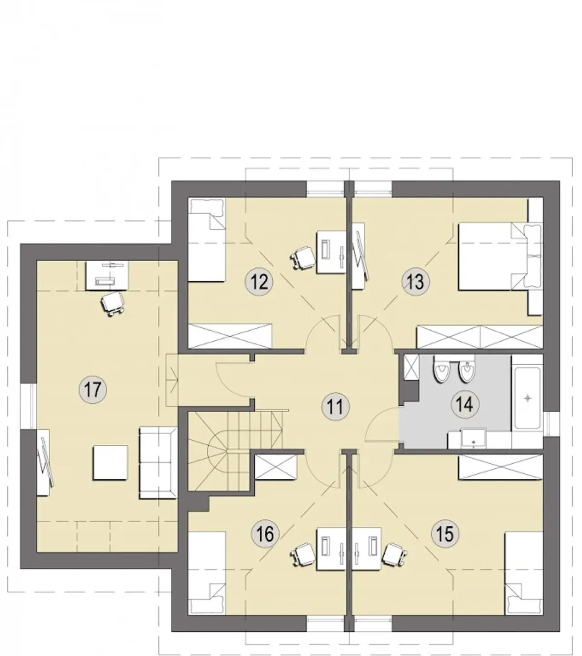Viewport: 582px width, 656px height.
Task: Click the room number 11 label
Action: click(335, 407)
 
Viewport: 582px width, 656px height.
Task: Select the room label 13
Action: click(415, 281)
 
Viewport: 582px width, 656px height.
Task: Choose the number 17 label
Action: click(93, 389)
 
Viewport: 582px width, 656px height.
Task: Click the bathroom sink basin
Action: click(473, 438)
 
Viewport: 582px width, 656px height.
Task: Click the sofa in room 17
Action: click(158, 462)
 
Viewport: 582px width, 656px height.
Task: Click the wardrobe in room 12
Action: click(230, 336)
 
